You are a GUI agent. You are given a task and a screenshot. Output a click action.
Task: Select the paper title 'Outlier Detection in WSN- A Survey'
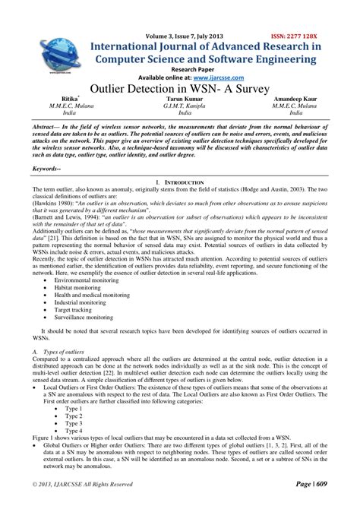pyautogui.click(x=180, y=89)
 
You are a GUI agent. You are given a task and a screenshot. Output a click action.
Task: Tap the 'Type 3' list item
pyautogui.click(x=74, y=422)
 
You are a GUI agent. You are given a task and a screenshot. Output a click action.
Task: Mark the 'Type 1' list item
pyautogui.click(x=74, y=407)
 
